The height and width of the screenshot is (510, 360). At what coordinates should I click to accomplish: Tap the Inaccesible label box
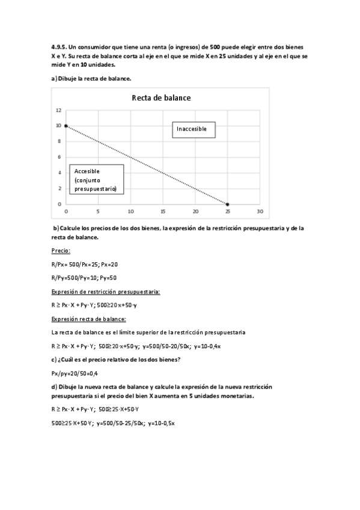tap(194, 129)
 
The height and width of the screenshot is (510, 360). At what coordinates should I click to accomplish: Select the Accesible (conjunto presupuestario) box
tap(96, 180)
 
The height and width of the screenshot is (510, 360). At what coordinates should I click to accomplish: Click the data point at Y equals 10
tap(66, 126)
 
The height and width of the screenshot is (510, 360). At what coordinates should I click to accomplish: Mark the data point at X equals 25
tap(227, 204)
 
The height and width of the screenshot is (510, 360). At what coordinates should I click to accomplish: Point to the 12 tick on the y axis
tap(58, 110)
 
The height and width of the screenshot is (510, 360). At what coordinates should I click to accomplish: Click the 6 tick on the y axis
tap(59, 158)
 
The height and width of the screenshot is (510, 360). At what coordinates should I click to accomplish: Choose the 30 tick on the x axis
tap(260, 212)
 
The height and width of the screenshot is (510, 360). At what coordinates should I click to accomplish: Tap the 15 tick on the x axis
tap(163, 212)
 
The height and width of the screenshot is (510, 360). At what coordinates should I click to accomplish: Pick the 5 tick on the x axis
tap(98, 212)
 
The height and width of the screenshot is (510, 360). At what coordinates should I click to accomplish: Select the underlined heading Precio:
tap(61, 251)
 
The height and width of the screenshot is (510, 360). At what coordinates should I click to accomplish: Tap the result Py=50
tap(108, 278)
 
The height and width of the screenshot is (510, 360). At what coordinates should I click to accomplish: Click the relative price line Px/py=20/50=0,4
tap(75, 373)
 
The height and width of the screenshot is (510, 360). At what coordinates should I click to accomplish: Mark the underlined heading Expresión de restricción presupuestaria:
tap(106, 292)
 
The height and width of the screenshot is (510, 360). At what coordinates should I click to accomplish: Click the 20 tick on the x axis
tap(195, 212)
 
